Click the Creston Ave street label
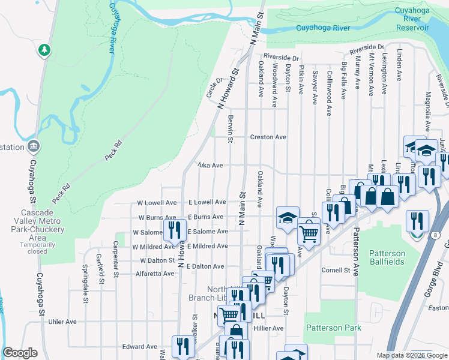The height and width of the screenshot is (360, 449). (x=268, y=137)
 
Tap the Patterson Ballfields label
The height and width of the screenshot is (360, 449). (x=387, y=258)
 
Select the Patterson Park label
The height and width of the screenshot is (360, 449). (x=333, y=328)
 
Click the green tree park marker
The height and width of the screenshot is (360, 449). (x=44, y=50)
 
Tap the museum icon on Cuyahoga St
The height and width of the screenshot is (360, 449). (x=33, y=146)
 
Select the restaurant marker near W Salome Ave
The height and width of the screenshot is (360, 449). (x=175, y=229)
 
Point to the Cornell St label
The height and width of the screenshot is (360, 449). (x=336, y=271)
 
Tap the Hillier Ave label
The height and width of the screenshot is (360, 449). (x=268, y=329)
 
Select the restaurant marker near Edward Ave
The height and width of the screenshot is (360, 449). (x=183, y=346)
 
